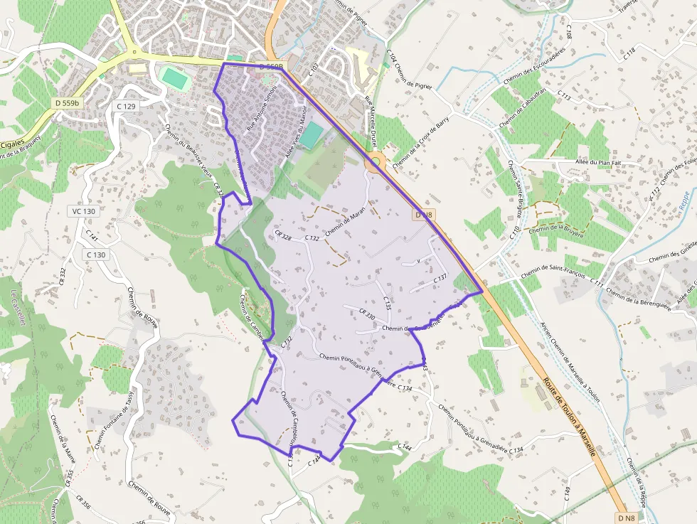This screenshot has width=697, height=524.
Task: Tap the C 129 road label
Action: point(125,106)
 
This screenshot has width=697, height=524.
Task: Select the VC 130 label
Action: point(83,211)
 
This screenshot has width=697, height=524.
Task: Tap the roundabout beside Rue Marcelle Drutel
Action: point(374,163)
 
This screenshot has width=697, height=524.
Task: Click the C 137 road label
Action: point(440,278)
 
